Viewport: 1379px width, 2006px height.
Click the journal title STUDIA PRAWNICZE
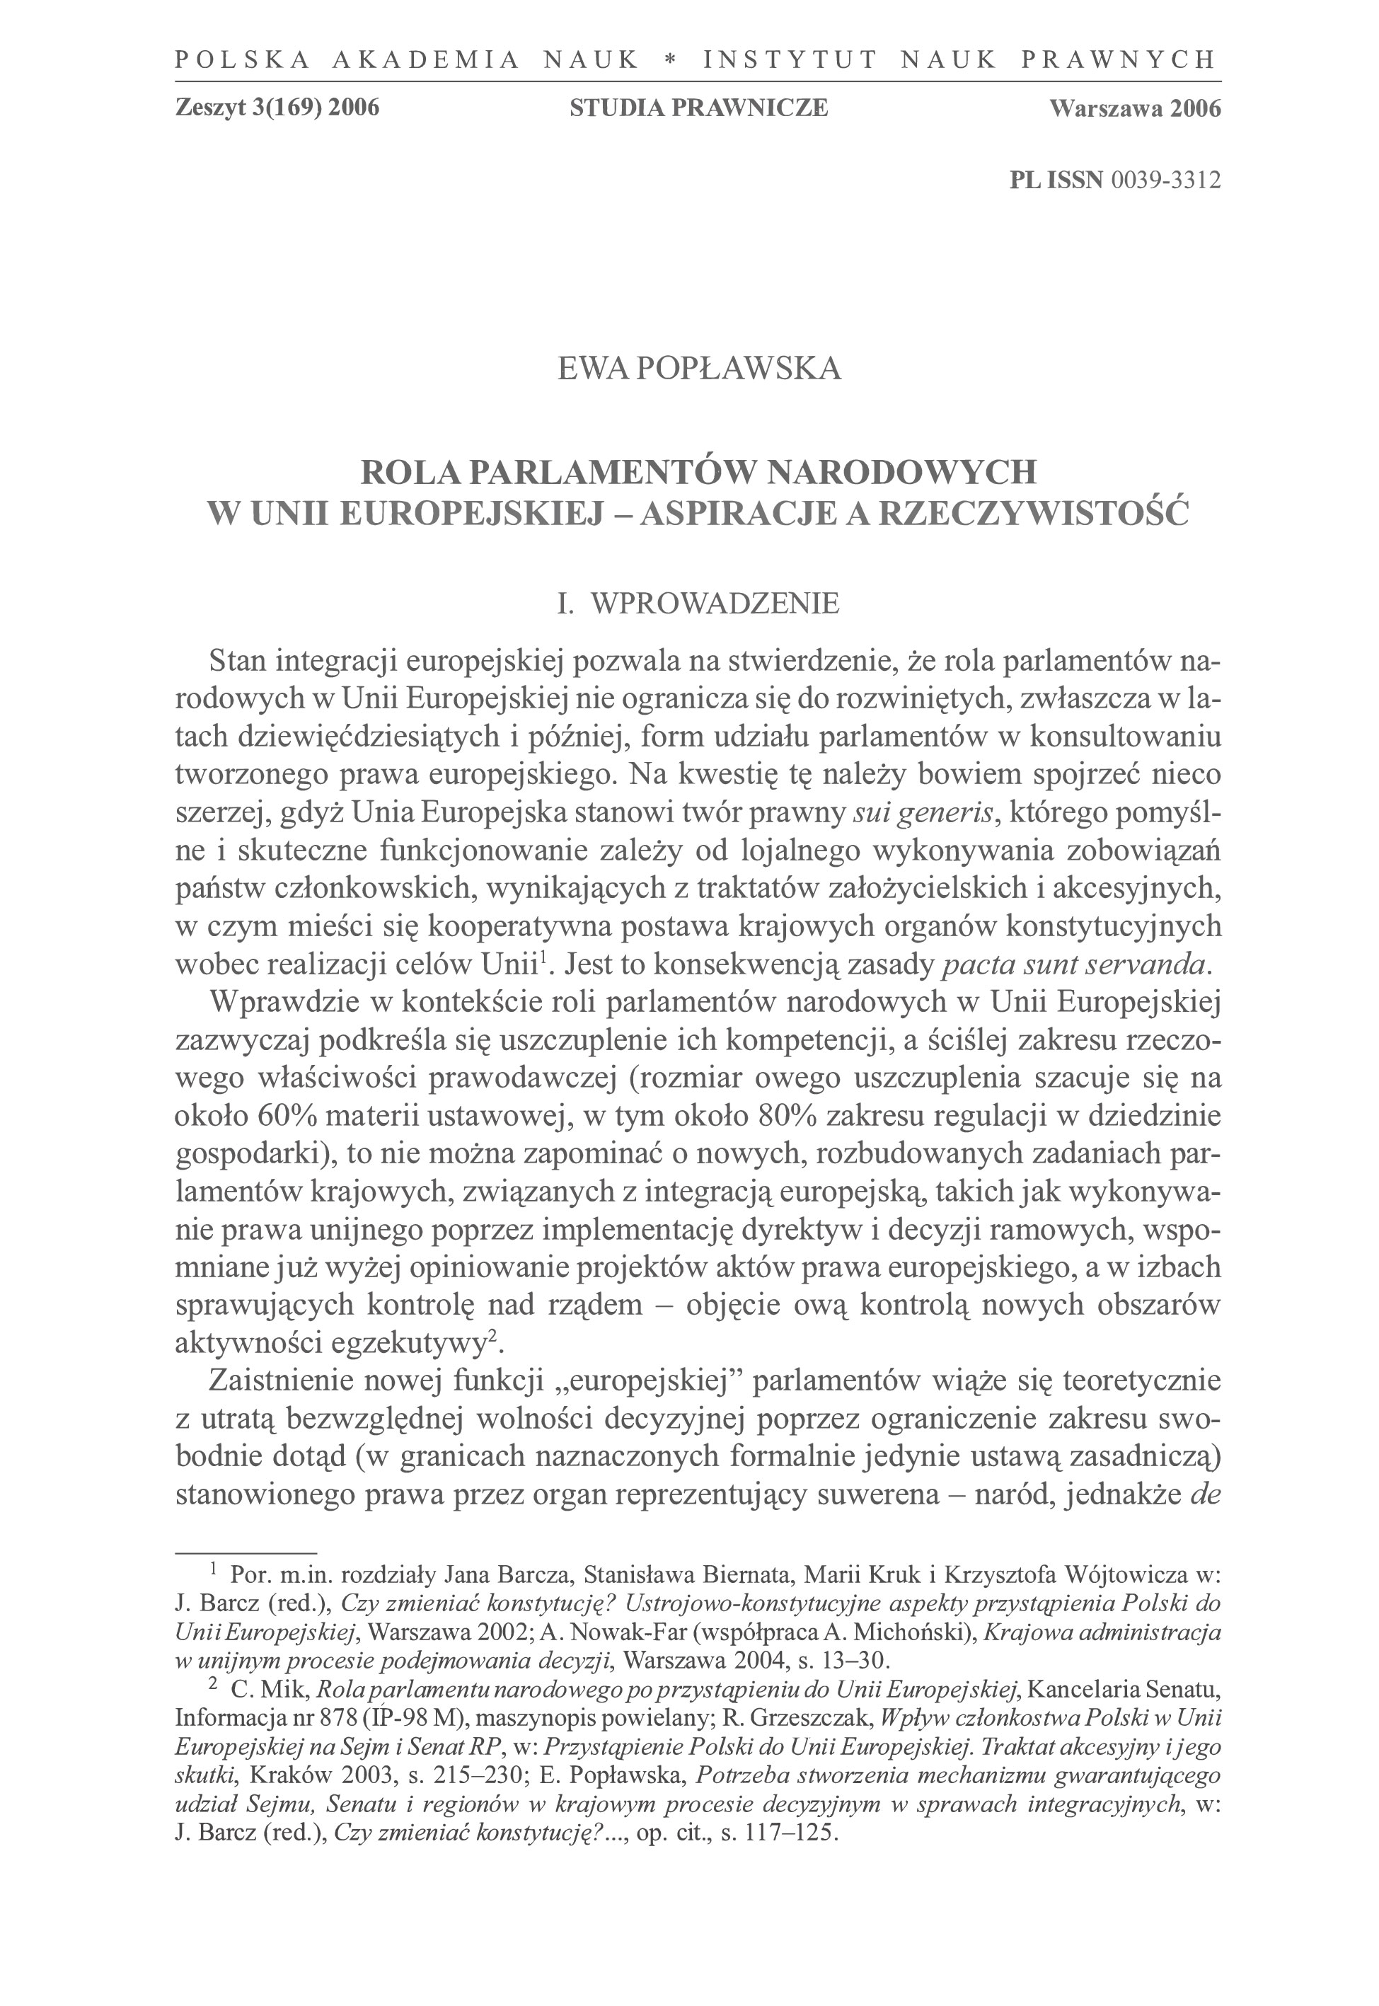click(x=699, y=108)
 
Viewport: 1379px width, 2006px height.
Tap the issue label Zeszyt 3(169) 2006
click(x=277, y=108)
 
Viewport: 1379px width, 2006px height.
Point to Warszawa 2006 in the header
click(x=1134, y=108)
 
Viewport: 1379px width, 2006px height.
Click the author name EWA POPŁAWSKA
click(x=699, y=369)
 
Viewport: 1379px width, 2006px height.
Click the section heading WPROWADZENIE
click(x=714, y=603)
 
